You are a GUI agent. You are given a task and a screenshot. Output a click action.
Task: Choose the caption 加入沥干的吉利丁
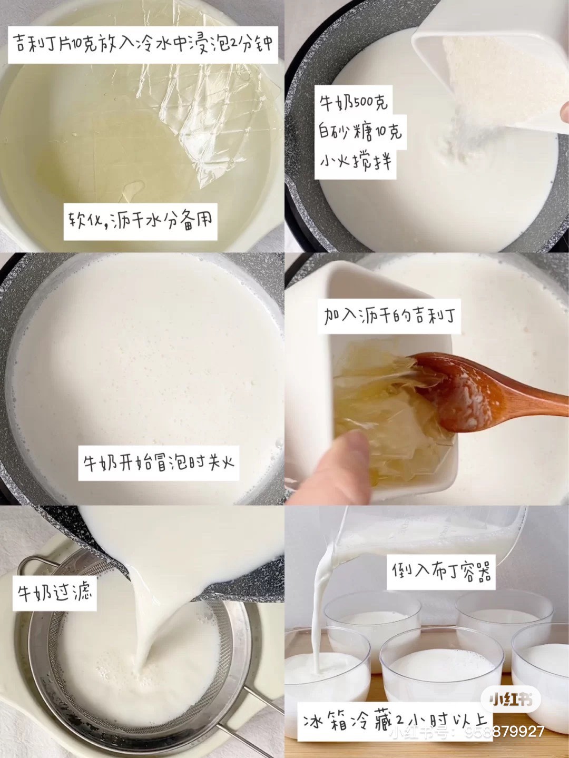(x=389, y=316)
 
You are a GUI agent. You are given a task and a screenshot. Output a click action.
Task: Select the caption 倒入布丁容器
(x=441, y=572)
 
